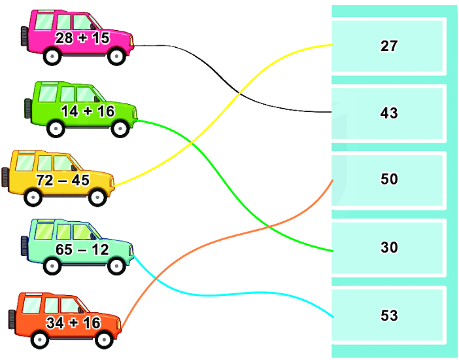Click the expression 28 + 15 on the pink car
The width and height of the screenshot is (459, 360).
coord(82,38)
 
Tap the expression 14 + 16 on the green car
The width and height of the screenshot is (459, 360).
coord(87,111)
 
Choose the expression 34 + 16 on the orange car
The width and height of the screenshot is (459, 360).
coord(73,322)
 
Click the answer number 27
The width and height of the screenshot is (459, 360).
coord(389,46)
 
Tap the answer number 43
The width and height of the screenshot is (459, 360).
coord(389,113)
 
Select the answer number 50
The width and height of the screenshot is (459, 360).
coord(389,179)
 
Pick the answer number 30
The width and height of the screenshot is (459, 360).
coord(389,247)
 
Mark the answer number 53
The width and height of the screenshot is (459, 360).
coord(389,315)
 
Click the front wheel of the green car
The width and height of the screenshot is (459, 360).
coord(120,128)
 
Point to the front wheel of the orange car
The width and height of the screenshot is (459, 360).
coord(104,339)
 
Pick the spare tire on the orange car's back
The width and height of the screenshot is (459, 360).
coord(12,319)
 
